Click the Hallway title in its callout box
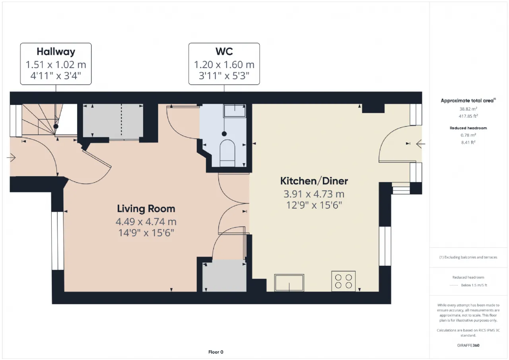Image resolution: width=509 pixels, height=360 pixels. point(56,52)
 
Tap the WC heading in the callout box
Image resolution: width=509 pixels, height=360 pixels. point(224,51)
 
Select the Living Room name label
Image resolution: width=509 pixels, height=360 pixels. point(146,209)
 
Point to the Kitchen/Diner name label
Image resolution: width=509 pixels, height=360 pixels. point(314,181)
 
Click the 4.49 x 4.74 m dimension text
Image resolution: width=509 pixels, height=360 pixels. point(146,222)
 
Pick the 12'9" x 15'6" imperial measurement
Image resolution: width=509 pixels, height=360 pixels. point(314,205)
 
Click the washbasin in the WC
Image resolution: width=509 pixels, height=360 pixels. point(235,111)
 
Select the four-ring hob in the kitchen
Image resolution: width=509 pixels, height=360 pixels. point(343,281)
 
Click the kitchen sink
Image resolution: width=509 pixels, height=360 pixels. point(289,282)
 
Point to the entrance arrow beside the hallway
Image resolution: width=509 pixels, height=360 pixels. point(12,158)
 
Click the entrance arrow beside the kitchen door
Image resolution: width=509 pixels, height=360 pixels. point(421,144)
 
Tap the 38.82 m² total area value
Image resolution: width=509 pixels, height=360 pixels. point(468,109)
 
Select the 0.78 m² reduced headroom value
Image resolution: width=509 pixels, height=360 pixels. point(468,135)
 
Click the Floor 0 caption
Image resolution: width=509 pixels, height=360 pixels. point(216,352)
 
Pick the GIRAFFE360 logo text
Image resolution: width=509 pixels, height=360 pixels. point(468,345)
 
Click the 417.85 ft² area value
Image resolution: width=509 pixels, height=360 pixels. point(468,116)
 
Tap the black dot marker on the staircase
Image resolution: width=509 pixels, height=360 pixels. point(56,126)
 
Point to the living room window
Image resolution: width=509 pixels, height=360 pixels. point(58,241)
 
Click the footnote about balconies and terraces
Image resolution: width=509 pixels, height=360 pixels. point(468,257)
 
